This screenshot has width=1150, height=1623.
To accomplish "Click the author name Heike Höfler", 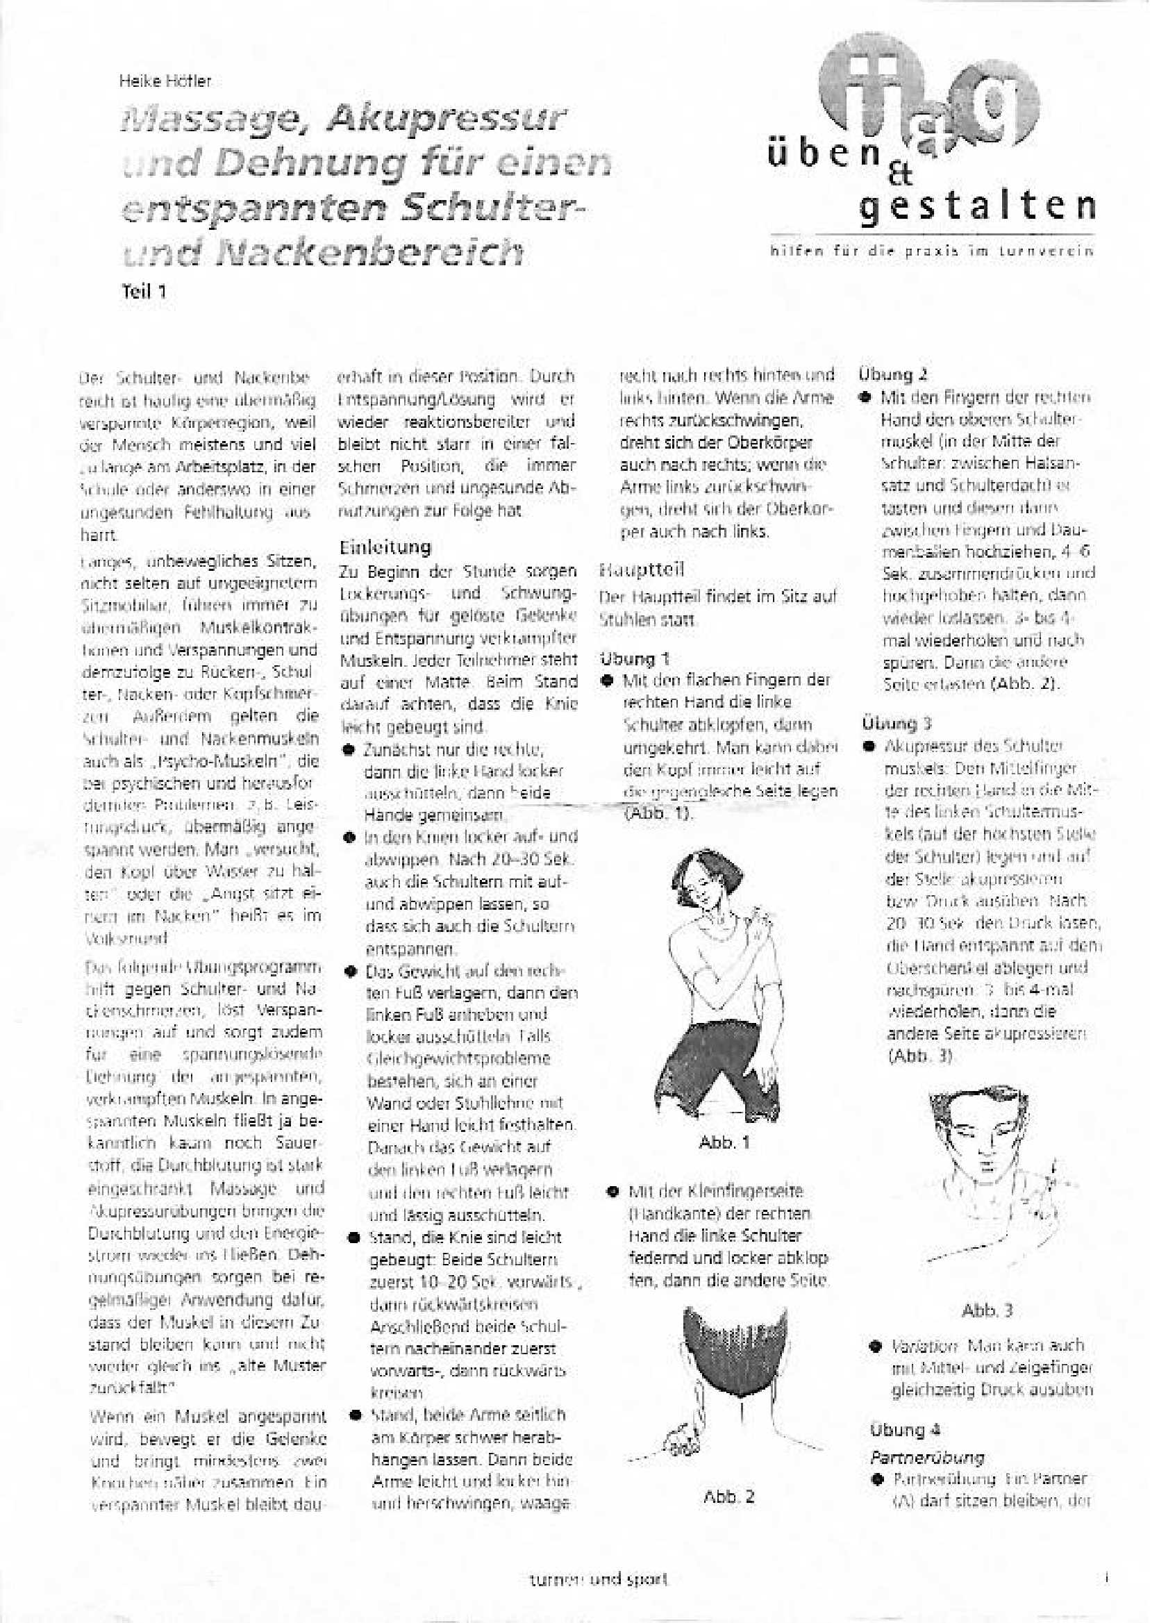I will (165, 82).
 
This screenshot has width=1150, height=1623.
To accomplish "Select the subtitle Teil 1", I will (144, 290).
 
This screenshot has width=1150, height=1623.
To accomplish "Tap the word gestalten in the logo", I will (978, 206).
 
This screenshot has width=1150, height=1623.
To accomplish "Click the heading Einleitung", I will (385, 547).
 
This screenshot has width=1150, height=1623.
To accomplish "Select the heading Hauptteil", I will (642, 569).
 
